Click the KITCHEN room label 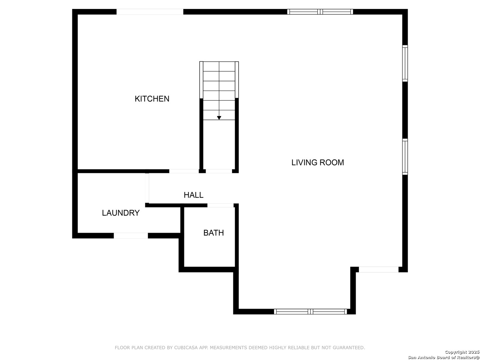coord(152,99)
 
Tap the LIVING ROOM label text coord(318,162)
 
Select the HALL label coord(193,195)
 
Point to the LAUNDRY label coord(121,213)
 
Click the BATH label coord(214,233)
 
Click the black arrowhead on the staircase coord(219,118)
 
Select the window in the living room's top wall coord(320,12)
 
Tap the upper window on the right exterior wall coord(405,63)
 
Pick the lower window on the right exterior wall coord(405,157)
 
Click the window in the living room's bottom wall coord(311,312)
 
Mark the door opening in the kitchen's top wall coord(150,12)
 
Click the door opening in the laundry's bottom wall coord(131,236)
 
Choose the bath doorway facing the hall coord(220,205)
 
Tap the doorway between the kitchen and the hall coord(184,171)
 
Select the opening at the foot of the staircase coord(219,171)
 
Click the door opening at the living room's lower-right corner coord(378,270)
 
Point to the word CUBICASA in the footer coord(186,348)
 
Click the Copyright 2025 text coord(462,352)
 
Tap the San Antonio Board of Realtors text coord(443,357)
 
